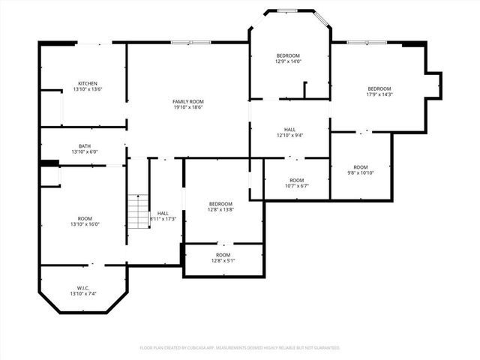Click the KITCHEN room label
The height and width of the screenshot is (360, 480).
(x=88, y=83)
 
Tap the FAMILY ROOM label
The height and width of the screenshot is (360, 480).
(x=187, y=101)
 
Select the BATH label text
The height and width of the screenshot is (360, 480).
(x=85, y=146)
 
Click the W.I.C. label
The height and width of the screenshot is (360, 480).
(x=82, y=288)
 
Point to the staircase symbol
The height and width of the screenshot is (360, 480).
(x=138, y=211)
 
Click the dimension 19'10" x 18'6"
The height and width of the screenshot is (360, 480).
(x=187, y=107)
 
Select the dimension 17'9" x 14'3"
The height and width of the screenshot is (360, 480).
(x=379, y=94)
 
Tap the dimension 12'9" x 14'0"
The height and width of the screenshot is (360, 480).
(x=288, y=61)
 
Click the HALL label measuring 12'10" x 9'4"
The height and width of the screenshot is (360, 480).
(x=289, y=130)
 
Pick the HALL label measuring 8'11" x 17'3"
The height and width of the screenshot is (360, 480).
(x=163, y=213)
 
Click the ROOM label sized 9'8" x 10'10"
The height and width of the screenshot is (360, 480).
(x=361, y=167)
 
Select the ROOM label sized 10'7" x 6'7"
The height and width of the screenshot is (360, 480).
(x=297, y=180)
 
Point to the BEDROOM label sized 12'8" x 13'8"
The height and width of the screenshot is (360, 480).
(x=220, y=204)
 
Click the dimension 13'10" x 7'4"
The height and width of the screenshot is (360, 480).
(x=82, y=294)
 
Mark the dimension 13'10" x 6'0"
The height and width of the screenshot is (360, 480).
(x=85, y=152)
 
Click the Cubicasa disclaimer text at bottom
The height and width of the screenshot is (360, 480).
(x=240, y=348)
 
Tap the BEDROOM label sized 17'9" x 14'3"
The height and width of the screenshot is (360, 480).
(x=379, y=88)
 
